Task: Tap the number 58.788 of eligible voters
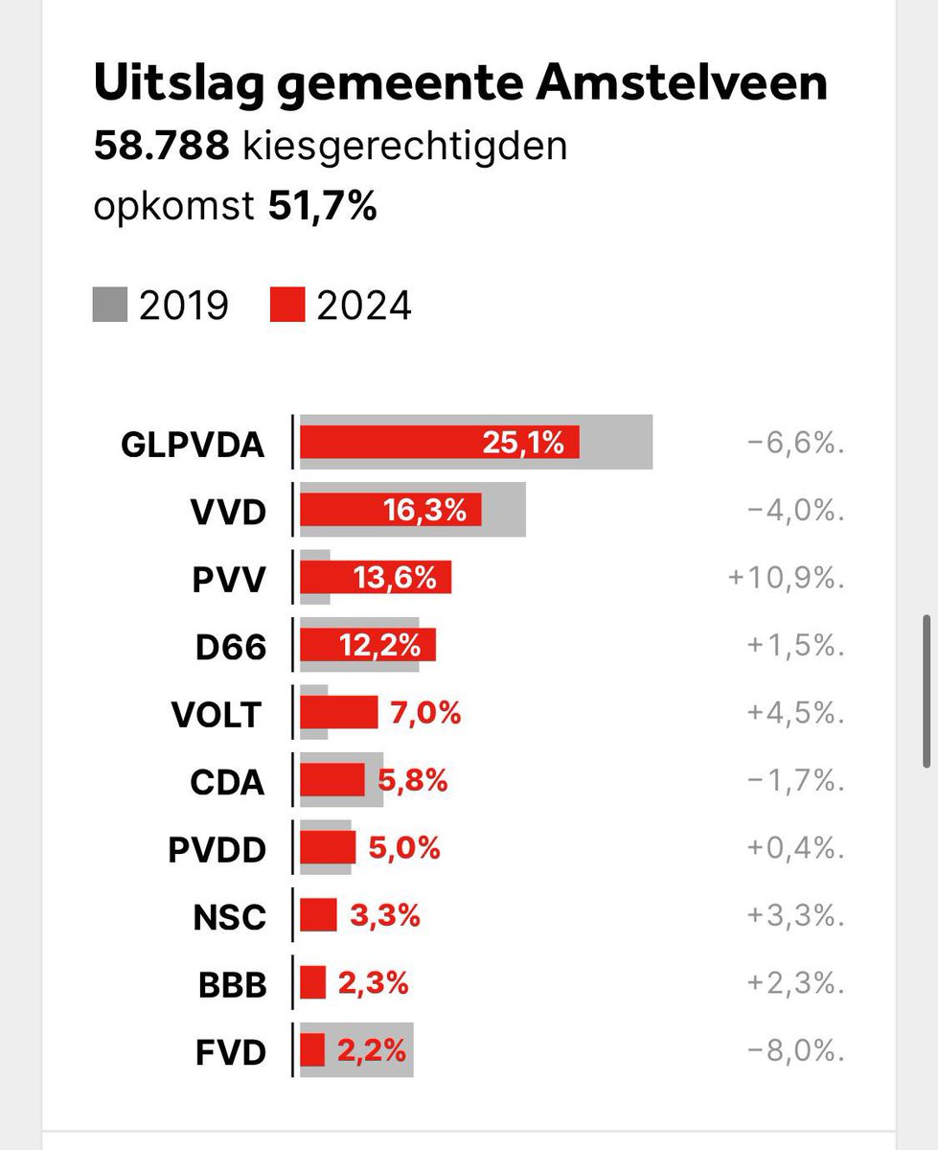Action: tap(160, 147)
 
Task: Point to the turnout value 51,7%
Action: tap(321, 207)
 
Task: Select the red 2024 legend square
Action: tap(287, 306)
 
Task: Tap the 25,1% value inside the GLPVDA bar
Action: tap(523, 443)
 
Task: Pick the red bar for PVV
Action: tap(375, 578)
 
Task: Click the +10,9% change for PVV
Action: tap(786, 579)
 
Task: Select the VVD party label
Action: tap(227, 512)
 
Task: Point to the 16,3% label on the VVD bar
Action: tap(426, 511)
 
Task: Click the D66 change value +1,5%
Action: tap(794, 647)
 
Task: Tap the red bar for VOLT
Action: tap(339, 713)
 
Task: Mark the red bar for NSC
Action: tap(319, 916)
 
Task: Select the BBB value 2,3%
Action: tap(373, 983)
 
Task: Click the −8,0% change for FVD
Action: tap(795, 1051)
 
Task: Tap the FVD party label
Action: tap(229, 1052)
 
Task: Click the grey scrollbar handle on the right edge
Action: tap(927, 690)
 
